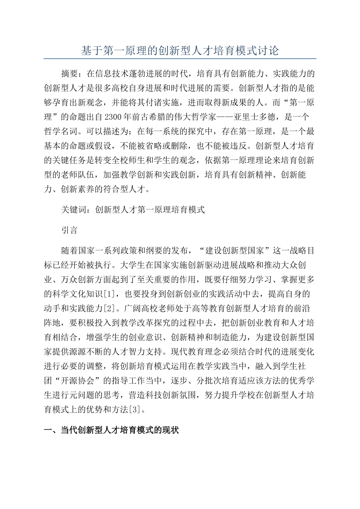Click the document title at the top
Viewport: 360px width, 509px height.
click(180, 50)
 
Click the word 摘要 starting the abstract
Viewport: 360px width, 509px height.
click(69, 73)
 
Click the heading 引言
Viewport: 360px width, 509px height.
click(69, 230)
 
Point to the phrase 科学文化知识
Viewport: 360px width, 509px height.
click(78, 294)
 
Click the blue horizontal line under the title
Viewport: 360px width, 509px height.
click(180, 59)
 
